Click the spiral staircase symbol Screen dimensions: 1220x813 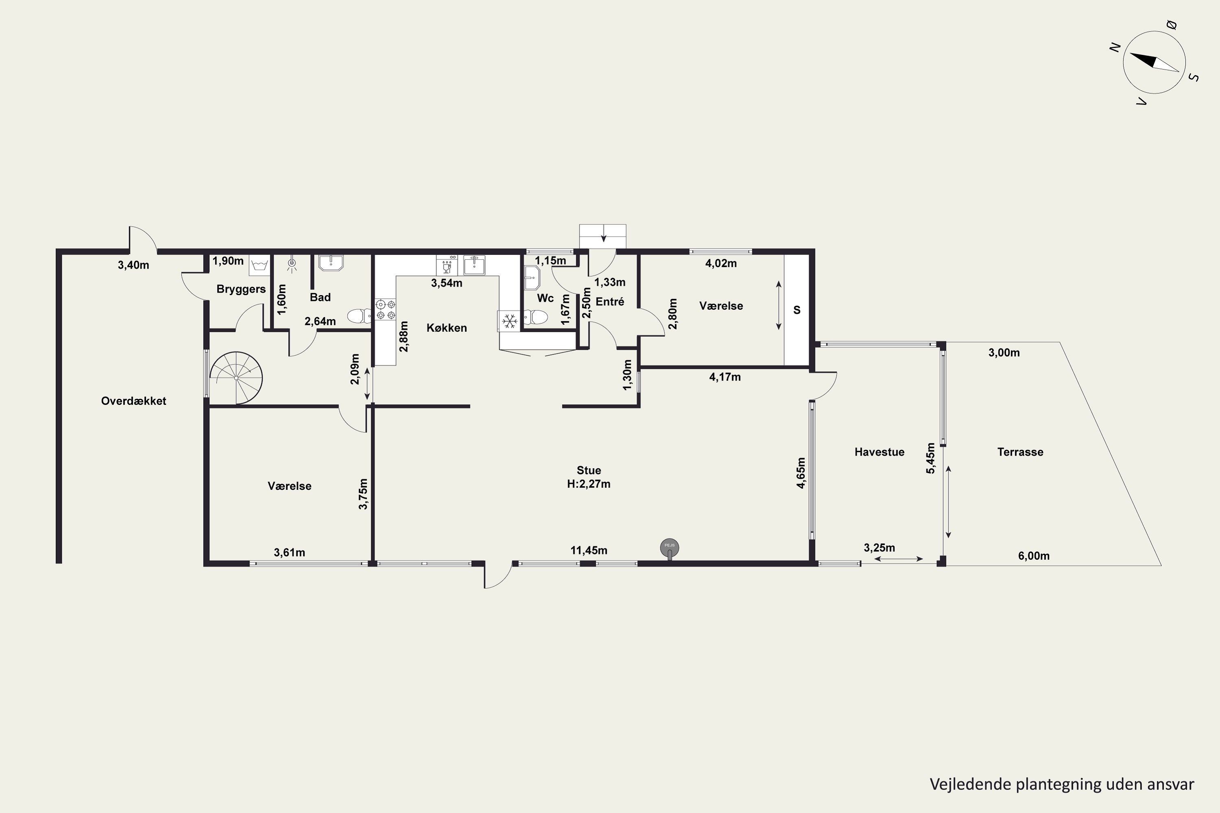(x=236, y=378)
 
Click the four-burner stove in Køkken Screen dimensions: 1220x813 (x=386, y=309)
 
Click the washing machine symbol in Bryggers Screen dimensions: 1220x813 (x=259, y=265)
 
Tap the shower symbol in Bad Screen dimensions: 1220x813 (x=292, y=264)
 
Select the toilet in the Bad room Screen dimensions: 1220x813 (x=359, y=316)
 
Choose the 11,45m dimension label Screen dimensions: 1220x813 (x=589, y=550)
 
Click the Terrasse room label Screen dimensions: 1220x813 (x=1020, y=452)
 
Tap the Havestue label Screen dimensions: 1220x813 (x=879, y=452)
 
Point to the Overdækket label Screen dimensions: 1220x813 (x=133, y=401)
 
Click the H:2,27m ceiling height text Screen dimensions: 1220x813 (x=589, y=484)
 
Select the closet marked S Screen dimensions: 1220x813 (x=797, y=310)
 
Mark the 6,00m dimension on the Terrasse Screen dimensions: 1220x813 (x=1034, y=556)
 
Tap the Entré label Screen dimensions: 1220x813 (x=610, y=301)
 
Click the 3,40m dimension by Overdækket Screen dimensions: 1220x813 (x=133, y=265)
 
